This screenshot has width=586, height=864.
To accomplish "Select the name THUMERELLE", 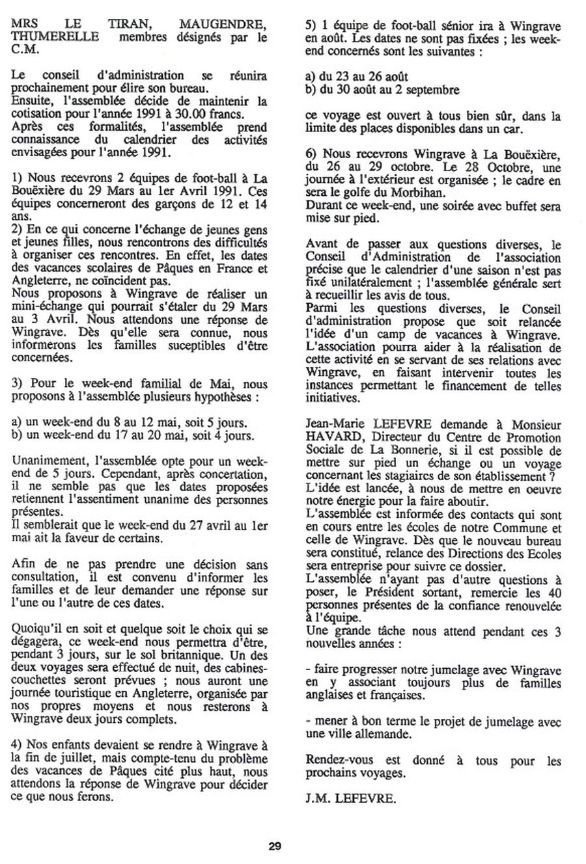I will point(42,36).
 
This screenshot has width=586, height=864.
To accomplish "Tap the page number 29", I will point(274,846).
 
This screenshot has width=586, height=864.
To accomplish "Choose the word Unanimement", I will point(43,460).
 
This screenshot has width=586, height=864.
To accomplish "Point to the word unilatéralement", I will point(369,284).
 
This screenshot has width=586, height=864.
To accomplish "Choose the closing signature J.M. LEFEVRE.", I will point(350,798).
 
